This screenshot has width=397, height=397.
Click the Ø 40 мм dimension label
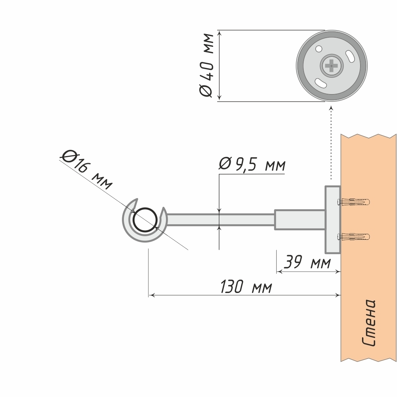[206, 66]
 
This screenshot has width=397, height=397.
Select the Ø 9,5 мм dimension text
[252, 164]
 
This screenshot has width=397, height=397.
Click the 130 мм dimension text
[246, 287]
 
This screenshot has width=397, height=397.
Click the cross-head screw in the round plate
[331, 65]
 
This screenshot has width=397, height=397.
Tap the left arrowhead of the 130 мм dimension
[151, 295]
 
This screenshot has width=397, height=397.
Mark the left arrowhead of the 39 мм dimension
[278, 272]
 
